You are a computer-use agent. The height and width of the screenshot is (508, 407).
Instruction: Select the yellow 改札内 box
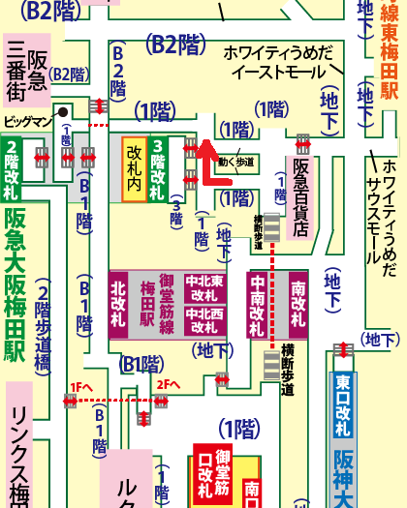tap(135, 169)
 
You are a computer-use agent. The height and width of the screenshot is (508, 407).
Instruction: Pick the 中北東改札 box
tap(204, 287)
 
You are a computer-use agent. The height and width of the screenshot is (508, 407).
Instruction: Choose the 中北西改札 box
tap(204, 320)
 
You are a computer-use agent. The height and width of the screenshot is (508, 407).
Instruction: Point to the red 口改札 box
tap(205, 475)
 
